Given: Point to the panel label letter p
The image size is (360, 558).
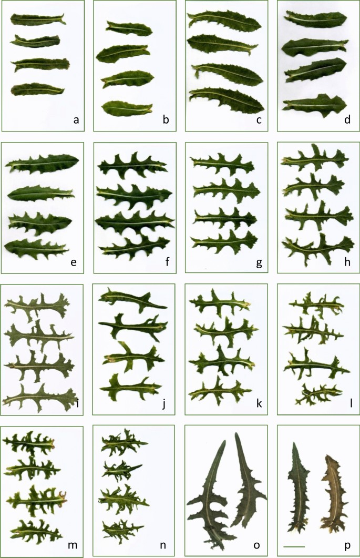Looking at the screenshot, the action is (x=347, y=545).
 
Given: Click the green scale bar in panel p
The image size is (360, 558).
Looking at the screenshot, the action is (x=294, y=546).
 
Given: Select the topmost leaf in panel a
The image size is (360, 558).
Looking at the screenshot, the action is (x=38, y=19).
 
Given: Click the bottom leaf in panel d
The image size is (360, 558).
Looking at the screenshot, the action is (x=314, y=105).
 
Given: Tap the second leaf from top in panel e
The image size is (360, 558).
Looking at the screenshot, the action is (x=40, y=194).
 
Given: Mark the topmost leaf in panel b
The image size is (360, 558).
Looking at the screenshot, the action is (x=129, y=28).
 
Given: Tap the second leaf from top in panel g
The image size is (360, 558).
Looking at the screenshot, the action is (x=227, y=190).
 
